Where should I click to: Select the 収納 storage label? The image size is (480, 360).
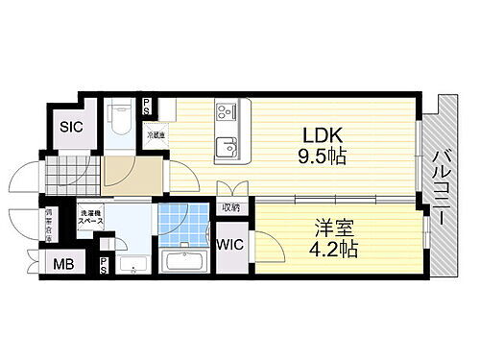230,207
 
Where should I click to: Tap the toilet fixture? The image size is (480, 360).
118,120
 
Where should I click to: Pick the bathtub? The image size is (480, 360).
188,261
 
